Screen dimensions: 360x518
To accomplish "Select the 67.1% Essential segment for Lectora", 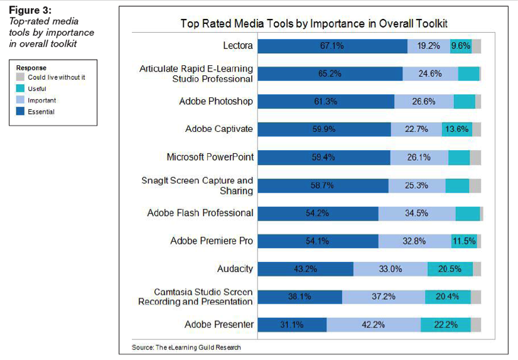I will (332, 46).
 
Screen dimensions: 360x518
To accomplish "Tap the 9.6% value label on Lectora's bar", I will (460, 46).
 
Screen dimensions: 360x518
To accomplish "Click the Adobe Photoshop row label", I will (215, 101).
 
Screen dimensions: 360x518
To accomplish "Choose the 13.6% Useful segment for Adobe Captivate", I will (456, 129).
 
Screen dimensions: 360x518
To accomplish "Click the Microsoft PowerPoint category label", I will (210, 157).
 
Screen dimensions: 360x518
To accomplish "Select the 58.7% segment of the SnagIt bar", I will (323, 185).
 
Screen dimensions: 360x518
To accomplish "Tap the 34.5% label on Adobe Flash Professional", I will (417, 213).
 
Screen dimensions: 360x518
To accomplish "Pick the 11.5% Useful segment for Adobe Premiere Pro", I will (463, 241).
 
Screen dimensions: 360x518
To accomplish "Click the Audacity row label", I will (235, 269).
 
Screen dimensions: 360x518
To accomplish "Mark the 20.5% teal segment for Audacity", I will (450, 269).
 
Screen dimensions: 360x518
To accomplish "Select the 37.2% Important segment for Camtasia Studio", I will (384, 297).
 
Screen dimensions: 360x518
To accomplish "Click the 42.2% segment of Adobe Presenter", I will (374, 325).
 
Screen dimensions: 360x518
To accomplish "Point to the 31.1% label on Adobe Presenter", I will (292, 325).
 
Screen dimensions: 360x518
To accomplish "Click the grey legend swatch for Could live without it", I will (21, 77).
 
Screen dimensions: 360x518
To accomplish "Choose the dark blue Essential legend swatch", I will (21, 112).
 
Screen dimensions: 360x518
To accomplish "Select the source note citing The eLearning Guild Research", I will (186, 347).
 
